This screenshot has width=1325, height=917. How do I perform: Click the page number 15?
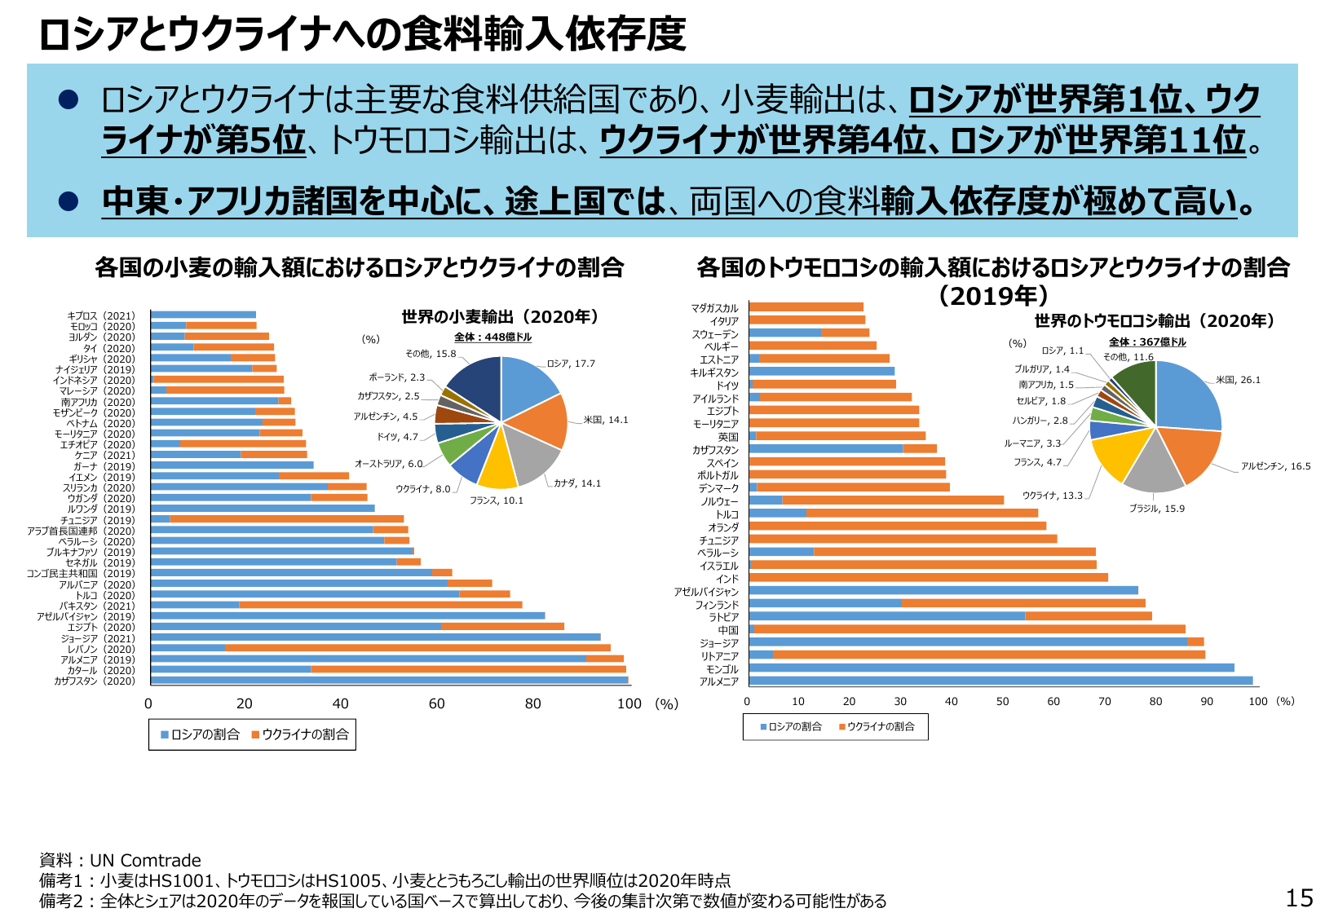click(x=1299, y=897)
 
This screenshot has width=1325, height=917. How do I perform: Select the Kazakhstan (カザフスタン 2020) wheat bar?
click(x=389, y=681)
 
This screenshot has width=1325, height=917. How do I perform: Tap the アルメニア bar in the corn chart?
click(x=1000, y=681)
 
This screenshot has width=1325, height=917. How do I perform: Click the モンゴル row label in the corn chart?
click(x=722, y=669)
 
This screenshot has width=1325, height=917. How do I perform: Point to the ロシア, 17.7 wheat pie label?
click(x=571, y=364)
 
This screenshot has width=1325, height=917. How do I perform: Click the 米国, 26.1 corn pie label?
click(x=1238, y=380)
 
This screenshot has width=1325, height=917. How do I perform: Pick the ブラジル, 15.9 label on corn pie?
click(x=1157, y=509)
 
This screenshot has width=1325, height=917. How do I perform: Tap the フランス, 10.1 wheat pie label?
click(x=497, y=500)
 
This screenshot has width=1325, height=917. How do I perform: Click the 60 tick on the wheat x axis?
click(x=437, y=704)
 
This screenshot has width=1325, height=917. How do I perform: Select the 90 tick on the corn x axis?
click(x=1207, y=702)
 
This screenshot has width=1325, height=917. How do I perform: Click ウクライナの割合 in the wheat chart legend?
click(x=305, y=734)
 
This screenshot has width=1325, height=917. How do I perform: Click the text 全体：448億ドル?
click(x=492, y=337)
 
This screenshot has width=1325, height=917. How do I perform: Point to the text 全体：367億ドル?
click(x=1147, y=342)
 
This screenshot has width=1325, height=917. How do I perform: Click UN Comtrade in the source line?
click(x=145, y=861)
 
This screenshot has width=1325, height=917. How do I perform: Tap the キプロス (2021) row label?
click(x=101, y=315)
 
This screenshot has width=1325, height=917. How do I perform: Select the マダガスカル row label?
click(x=714, y=308)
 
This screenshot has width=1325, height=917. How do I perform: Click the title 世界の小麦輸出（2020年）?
click(x=500, y=317)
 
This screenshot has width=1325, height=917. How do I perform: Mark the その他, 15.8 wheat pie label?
click(x=431, y=354)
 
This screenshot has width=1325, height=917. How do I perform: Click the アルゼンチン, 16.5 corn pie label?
click(x=1275, y=466)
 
